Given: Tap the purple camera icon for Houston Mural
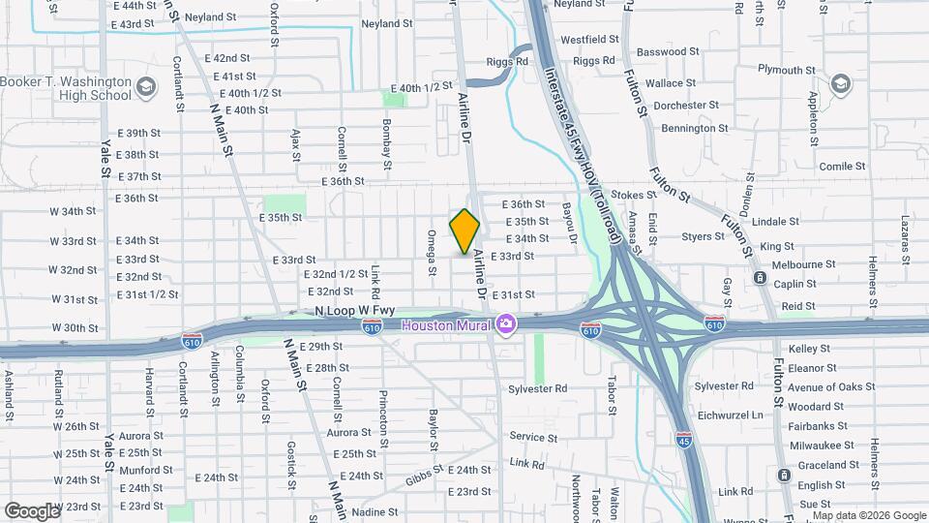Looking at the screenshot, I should coord(504,323).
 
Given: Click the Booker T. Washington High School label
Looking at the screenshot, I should coord(66,89).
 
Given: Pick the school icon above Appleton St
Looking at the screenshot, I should coord(840,84).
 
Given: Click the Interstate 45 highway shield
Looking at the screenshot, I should coord(683,440).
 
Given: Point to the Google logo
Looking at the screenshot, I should coord(32,510).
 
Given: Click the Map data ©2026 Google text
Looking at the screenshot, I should coord(868,516).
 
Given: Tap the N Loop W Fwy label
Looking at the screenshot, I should coord(355,310).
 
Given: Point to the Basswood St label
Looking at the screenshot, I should coord(669,51).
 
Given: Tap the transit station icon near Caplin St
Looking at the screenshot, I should coord(761,279).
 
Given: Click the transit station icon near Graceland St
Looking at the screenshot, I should coord(783,475).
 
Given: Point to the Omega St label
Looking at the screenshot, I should coord(433,250).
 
